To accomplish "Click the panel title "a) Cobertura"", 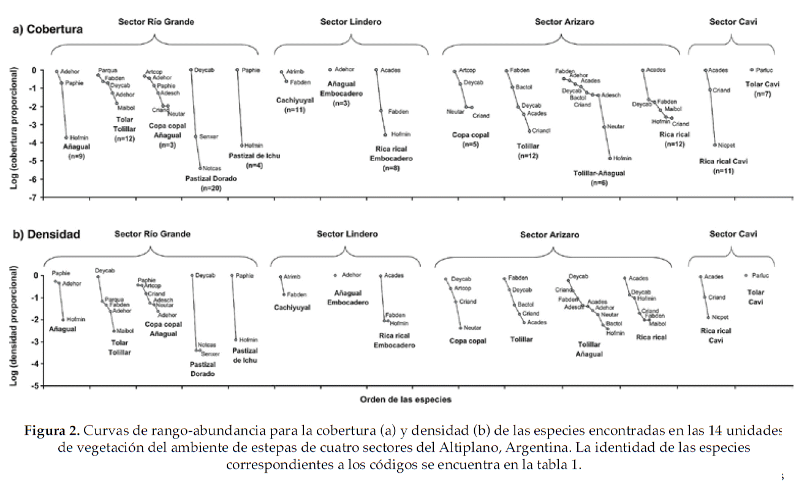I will [x=48, y=29].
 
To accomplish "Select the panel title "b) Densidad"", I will [x=47, y=234].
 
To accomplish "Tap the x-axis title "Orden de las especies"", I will [x=406, y=399].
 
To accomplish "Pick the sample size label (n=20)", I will [x=210, y=189].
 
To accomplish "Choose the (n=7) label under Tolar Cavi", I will [x=762, y=94].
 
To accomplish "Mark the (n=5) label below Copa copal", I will [x=470, y=145].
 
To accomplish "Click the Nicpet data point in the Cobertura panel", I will [x=715, y=145].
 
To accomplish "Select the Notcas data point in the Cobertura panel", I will [x=200, y=168].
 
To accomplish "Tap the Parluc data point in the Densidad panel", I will [x=746, y=276].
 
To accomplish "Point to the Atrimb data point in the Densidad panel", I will [x=281, y=277].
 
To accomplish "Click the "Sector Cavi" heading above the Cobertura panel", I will [x=733, y=22].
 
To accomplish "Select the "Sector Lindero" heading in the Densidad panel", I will [x=347, y=234].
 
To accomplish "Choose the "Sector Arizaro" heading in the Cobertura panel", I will [x=564, y=22].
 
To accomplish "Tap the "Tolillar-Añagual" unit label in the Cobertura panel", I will [x=599, y=173].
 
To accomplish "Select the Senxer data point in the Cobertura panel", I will [x=195, y=137].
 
